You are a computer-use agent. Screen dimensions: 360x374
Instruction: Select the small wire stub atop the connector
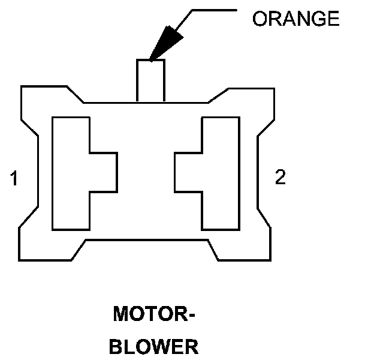coord(150,80)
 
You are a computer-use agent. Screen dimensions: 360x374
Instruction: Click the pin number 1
coord(14,178)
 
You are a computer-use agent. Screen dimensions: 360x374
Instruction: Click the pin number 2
coord(280,178)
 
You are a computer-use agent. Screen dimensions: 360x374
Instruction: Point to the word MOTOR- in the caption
coord(155,314)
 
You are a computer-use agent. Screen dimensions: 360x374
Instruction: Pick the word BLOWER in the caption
coord(155,346)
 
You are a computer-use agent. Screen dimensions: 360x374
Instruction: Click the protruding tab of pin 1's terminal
coord(103,173)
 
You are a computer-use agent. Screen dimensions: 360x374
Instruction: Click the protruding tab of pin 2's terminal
coord(188,173)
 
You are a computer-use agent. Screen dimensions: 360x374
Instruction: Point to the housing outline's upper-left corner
coord(23,88)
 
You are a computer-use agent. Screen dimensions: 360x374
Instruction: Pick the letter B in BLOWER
coord(119,346)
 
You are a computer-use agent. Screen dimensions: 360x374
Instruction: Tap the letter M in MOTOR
coord(120,314)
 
